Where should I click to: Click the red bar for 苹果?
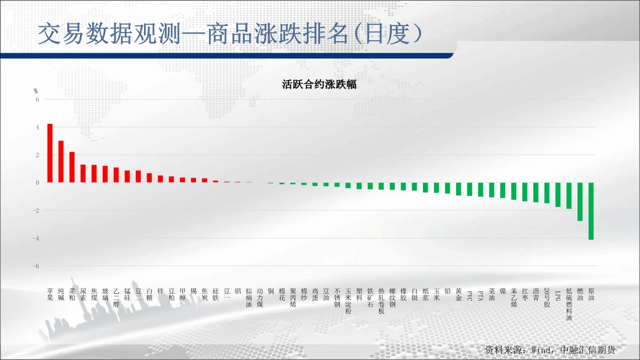coord(50,153)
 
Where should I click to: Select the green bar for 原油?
coord(591,211)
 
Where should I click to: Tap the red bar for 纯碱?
coord(61,161)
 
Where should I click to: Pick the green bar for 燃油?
coord(580,202)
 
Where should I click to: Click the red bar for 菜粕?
coord(72,167)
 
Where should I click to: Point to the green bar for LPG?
coord(558,194)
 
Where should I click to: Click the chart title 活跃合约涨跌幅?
coord(319,84)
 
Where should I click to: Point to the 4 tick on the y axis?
coord(37,127)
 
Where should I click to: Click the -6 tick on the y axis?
coord(36,266)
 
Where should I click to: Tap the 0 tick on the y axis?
coord(37,183)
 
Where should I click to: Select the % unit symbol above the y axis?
coord(36,91)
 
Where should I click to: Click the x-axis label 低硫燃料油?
coord(569,304)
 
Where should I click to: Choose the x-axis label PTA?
coord(480,296)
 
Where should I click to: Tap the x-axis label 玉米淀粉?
coord(348,301)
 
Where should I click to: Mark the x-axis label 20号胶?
coord(547,298)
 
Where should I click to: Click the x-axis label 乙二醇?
coord(116,298)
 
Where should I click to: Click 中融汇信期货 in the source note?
coord(588,350)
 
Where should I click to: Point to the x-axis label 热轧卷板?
coord(381,301)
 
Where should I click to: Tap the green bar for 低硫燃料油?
coord(569,196)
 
